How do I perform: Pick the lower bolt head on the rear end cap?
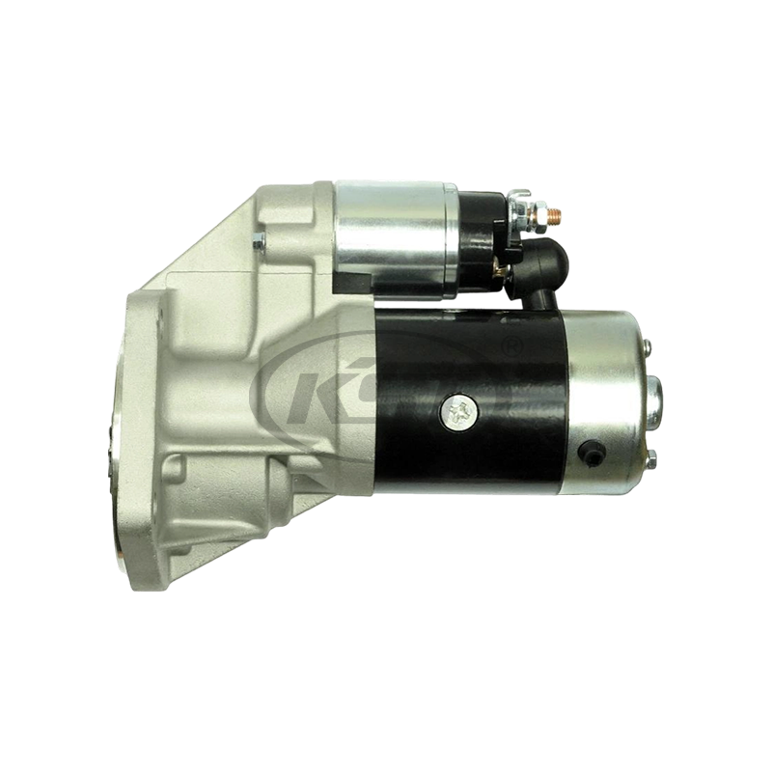651,455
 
